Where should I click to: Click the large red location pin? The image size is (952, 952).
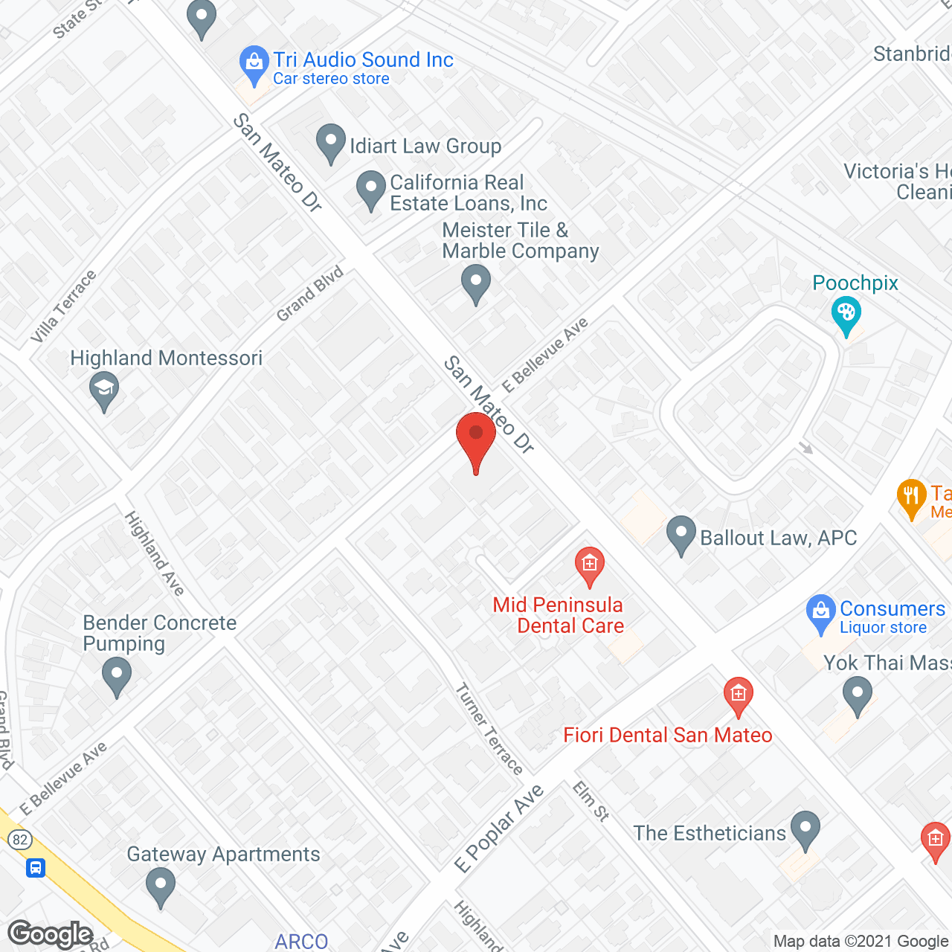coord(476,439)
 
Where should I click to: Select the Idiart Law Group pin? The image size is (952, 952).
coord(331,143)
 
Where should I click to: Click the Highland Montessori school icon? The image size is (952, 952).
coord(104,390)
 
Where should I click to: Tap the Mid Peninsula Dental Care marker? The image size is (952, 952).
coord(590,566)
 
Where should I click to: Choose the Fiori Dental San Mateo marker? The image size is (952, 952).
coord(739,697)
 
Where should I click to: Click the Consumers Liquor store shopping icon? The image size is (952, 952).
coord(821,613)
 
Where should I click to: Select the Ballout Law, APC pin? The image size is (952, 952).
coord(681,534)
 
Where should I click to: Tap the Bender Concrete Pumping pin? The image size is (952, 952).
coord(117,678)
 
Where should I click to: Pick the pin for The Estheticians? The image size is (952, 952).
coord(805,829)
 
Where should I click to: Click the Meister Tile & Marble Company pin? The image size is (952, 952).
coord(476,284)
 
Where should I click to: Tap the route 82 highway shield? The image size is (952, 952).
coord(20,840)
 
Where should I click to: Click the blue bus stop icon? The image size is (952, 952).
coord(36,867)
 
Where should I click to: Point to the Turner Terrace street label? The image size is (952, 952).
coord(489,729)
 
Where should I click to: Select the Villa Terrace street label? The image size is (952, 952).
coord(63,306)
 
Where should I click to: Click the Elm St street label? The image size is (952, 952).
coord(591,801)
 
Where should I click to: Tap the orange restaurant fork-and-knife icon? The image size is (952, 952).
coord(911,497)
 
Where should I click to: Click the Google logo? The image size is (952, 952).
coord(51,934)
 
